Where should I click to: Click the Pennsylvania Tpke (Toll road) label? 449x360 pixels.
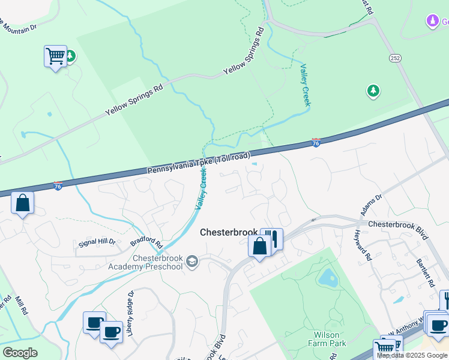coord(199,164)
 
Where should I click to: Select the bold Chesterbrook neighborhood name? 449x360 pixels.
coord(228,232)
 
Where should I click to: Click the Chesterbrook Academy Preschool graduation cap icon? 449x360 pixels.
coord(192,260)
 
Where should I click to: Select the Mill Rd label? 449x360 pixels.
coord(22,305)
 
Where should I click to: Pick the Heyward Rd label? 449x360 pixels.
coord(363,245)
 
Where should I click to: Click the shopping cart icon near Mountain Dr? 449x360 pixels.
coord(55,56)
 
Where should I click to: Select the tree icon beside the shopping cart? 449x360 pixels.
coord(70,56)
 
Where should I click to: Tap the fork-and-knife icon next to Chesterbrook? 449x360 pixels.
coord(274,239)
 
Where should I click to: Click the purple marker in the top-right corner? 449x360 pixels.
coord(432,22)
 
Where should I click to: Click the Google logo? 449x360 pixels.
coord(20,353)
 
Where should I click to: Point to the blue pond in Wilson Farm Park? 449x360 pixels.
coord(328,277)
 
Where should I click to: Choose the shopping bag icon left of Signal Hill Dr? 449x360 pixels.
coord(22,203)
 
